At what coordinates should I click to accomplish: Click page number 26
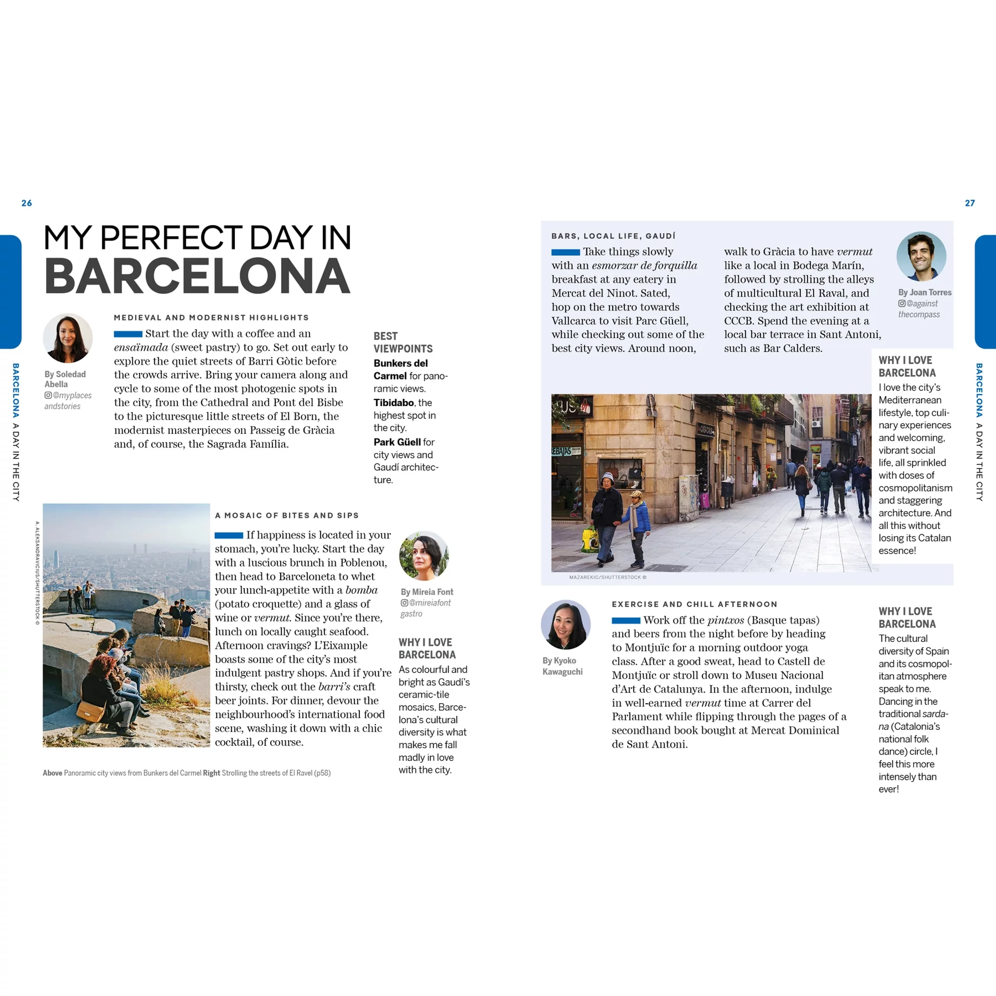point(27,203)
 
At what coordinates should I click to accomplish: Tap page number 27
point(970,203)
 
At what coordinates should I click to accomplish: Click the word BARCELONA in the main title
point(197,276)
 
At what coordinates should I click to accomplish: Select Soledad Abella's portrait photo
point(67,338)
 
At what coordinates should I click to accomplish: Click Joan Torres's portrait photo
point(921,256)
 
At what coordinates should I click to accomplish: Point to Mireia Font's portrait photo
point(424,556)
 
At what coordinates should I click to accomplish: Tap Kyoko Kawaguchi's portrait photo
point(565,624)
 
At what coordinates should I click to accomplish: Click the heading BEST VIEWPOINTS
point(402,342)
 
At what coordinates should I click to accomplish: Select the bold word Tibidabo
point(394,402)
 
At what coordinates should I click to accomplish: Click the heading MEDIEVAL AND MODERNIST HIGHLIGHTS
point(211,317)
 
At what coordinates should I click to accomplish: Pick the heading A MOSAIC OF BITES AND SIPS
point(287,516)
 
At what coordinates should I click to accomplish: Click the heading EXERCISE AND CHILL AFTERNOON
point(694,604)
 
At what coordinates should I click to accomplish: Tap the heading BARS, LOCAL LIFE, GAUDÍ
point(613,236)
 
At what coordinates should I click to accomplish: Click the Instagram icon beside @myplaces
point(48,395)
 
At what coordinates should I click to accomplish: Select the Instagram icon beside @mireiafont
point(404,603)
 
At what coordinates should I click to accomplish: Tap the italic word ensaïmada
point(141,347)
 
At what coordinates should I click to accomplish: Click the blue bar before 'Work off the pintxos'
point(626,620)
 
